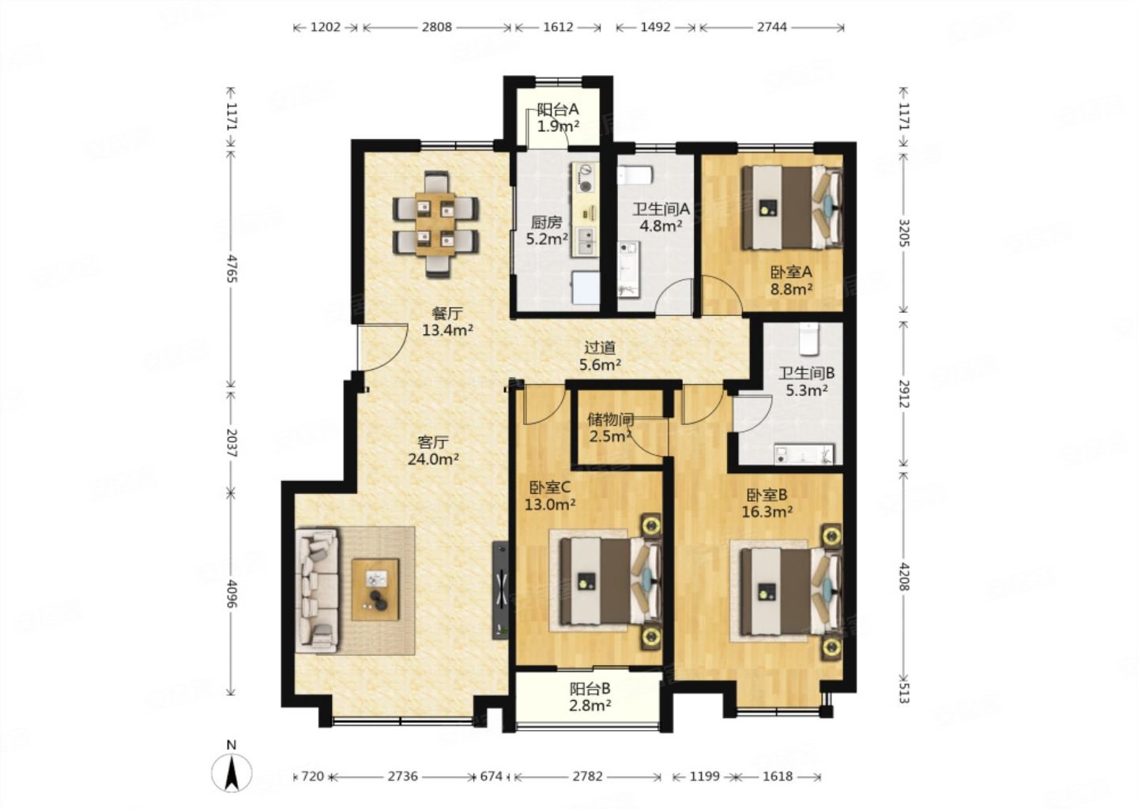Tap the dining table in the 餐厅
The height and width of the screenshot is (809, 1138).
(x=435, y=224)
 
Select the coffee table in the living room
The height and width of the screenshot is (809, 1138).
(x=375, y=589)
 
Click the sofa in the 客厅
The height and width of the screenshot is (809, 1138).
(x=317, y=590)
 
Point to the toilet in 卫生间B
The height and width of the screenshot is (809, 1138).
(x=809, y=339)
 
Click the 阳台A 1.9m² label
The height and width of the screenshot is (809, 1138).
(x=558, y=118)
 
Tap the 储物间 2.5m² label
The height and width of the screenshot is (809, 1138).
(x=611, y=427)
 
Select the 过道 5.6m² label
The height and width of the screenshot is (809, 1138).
(x=600, y=356)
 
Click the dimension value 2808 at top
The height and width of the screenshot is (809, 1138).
(x=436, y=27)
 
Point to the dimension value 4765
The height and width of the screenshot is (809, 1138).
(x=232, y=269)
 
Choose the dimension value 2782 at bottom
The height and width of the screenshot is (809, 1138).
(x=588, y=777)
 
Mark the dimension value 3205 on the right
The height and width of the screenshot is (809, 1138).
(x=904, y=232)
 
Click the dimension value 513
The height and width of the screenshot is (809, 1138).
(x=903, y=694)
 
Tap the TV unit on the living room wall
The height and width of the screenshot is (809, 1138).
(x=500, y=590)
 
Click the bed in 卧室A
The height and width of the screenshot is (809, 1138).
(x=792, y=207)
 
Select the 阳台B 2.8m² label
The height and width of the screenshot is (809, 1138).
(x=590, y=697)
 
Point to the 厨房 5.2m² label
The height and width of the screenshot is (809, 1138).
(x=547, y=231)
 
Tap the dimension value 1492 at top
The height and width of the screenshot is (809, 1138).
(x=655, y=27)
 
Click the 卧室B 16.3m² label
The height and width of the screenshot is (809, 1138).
(x=767, y=502)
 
